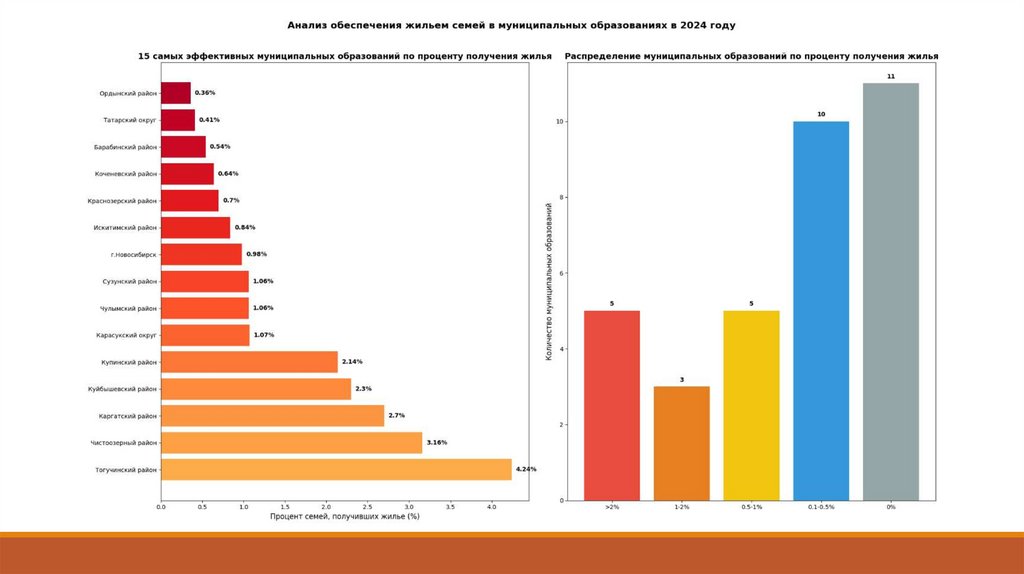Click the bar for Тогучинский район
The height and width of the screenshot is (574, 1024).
(x=336, y=469)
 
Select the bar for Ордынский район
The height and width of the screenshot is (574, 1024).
(x=176, y=93)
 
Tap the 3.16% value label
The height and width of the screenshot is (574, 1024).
(x=437, y=442)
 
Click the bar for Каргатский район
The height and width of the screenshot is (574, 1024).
(x=272, y=415)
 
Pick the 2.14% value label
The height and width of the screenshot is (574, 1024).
(x=352, y=361)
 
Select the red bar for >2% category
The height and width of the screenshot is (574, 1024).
(x=612, y=405)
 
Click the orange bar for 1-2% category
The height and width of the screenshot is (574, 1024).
(x=682, y=443)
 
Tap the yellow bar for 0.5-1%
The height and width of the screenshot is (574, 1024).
(x=751, y=405)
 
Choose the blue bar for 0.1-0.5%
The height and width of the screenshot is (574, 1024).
(x=821, y=310)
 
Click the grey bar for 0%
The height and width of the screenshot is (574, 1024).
(x=890, y=291)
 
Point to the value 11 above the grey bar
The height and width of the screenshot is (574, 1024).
(x=890, y=76)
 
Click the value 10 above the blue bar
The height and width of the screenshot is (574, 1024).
(x=821, y=115)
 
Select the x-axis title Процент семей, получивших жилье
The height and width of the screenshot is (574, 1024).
(x=344, y=516)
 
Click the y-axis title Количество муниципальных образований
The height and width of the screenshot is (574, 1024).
(x=549, y=280)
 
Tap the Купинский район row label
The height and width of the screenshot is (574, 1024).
(x=129, y=362)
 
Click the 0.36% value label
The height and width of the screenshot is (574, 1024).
(x=205, y=93)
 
